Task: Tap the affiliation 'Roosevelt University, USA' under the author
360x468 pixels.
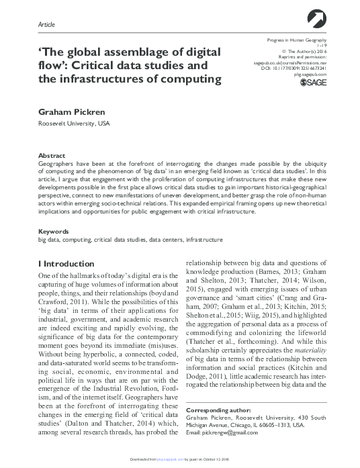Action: (75, 124)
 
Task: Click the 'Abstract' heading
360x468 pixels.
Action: (52, 155)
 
